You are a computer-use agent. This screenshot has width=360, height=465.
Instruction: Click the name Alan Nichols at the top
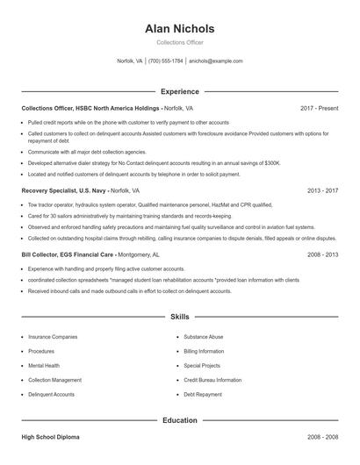[x=179, y=29]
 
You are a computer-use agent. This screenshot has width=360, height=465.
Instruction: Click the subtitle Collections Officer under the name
[x=179, y=42]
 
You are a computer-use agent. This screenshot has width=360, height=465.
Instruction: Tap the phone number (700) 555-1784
[x=166, y=61]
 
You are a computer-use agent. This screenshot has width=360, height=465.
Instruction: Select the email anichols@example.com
[x=216, y=61]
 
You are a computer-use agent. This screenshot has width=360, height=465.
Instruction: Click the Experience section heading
[x=179, y=91]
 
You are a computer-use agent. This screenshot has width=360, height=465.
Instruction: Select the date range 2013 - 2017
[x=322, y=190]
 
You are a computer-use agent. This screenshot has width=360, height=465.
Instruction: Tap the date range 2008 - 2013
[x=322, y=254]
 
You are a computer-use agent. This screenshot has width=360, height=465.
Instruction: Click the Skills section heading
[x=179, y=316]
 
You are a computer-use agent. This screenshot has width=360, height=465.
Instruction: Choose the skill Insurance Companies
[x=53, y=336]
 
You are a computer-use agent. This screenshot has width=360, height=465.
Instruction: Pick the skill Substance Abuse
[x=204, y=336]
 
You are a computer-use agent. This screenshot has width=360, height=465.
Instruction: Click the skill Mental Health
[x=44, y=365]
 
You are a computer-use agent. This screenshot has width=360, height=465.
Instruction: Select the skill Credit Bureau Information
[x=212, y=380]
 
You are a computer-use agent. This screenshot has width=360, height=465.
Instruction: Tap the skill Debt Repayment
[x=202, y=395]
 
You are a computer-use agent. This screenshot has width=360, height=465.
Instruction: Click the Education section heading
[x=179, y=420]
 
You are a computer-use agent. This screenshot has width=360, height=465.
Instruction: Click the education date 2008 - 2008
[x=322, y=436]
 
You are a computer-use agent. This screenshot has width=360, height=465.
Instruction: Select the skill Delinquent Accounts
[x=51, y=395]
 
